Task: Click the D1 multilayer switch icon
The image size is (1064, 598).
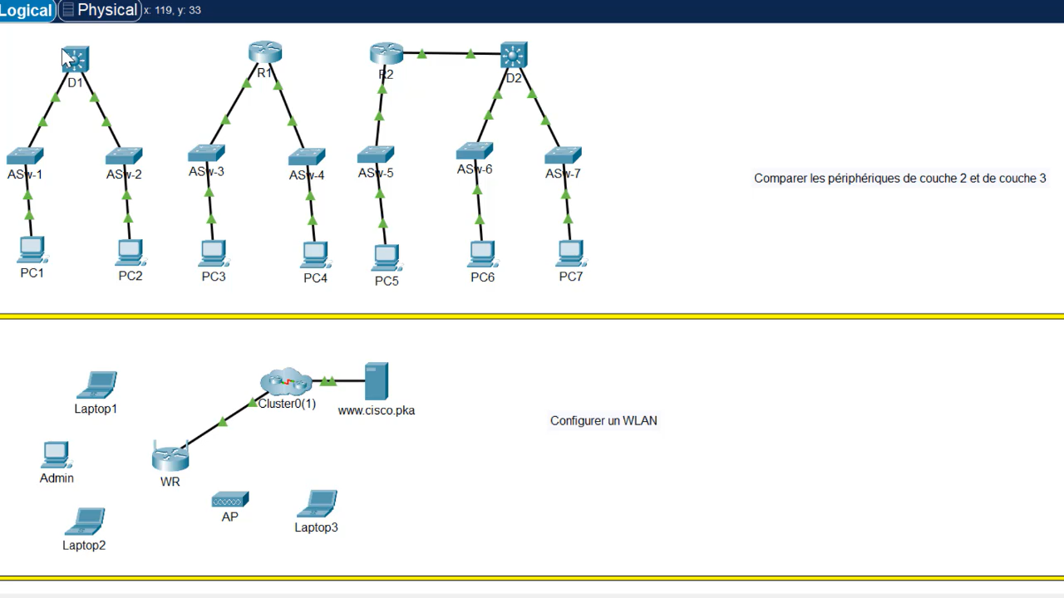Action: [76, 59]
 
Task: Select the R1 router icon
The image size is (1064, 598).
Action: [264, 51]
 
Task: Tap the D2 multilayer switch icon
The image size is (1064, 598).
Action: [514, 56]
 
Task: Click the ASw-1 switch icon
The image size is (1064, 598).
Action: [25, 155]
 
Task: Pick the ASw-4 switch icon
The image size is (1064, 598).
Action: [307, 157]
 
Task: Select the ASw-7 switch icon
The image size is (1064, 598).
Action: [563, 155]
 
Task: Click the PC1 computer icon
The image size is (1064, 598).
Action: [32, 250]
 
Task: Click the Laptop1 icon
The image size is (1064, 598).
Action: [96, 385]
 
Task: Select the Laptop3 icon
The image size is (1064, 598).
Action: [317, 504]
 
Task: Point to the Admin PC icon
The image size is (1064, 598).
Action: [56, 455]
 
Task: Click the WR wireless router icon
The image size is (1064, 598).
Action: [170, 458]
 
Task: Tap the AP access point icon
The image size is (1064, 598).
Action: [229, 500]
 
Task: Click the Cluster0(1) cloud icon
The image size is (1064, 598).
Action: [286, 382]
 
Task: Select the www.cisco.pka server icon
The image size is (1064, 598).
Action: [377, 382]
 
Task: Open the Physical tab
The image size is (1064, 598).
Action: [101, 10]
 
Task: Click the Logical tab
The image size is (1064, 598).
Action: [27, 10]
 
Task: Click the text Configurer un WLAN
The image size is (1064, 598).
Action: [603, 421]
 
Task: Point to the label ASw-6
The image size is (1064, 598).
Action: [474, 169]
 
